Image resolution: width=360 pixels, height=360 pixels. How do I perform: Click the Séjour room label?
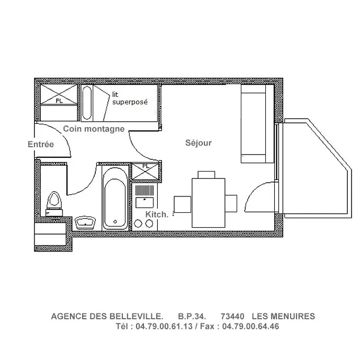199,143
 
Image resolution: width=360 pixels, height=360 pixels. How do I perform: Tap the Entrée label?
41,144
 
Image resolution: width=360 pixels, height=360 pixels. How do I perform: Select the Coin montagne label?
94,129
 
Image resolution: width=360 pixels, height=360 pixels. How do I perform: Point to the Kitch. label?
157,214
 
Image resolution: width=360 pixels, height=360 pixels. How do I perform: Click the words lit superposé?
130,98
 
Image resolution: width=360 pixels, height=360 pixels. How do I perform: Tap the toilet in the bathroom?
54,204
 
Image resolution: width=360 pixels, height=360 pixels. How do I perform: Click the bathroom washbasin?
85,222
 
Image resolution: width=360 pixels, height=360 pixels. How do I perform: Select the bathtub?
115,199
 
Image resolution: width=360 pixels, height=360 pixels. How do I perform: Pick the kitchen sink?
145,202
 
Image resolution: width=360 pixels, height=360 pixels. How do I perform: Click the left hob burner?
138,223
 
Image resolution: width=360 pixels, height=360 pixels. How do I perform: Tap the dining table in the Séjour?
209,203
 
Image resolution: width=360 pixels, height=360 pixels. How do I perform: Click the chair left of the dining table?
183,204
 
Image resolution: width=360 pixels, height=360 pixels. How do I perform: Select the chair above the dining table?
206,175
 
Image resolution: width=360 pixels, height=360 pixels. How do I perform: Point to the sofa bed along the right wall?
257,124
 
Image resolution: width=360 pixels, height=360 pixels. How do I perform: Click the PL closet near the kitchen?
146,171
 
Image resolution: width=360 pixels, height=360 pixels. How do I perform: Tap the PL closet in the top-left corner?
59,94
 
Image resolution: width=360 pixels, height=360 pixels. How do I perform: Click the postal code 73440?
232,317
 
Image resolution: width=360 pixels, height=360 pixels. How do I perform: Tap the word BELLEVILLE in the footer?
136,317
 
